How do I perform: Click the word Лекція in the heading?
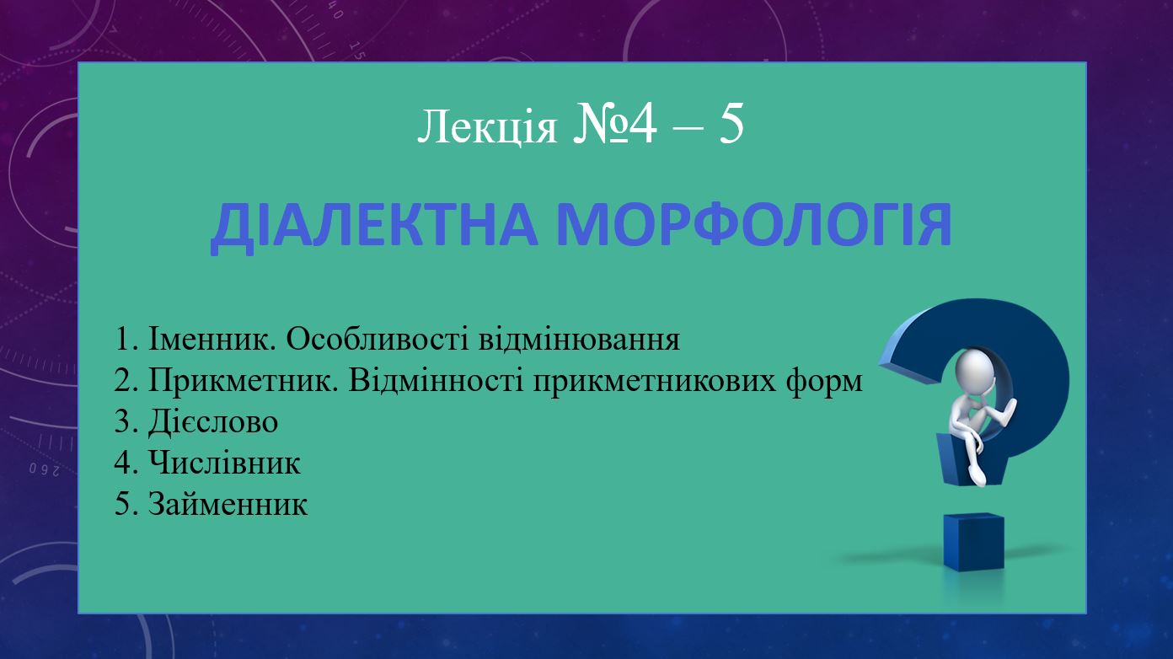pos(487,128)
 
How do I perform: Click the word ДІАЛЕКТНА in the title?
pos(374,225)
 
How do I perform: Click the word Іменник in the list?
pos(212,339)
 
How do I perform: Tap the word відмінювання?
pos(579,339)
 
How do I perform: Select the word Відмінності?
pos(436,380)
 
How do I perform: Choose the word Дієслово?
pos(212,421)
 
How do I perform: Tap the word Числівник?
pos(225,463)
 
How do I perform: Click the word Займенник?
pos(228,504)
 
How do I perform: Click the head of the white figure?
pos(974,369)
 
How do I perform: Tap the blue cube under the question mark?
pos(974,542)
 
